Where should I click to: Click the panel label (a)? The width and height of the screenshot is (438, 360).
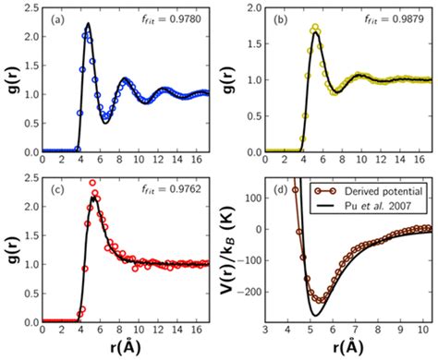(x=55, y=18)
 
